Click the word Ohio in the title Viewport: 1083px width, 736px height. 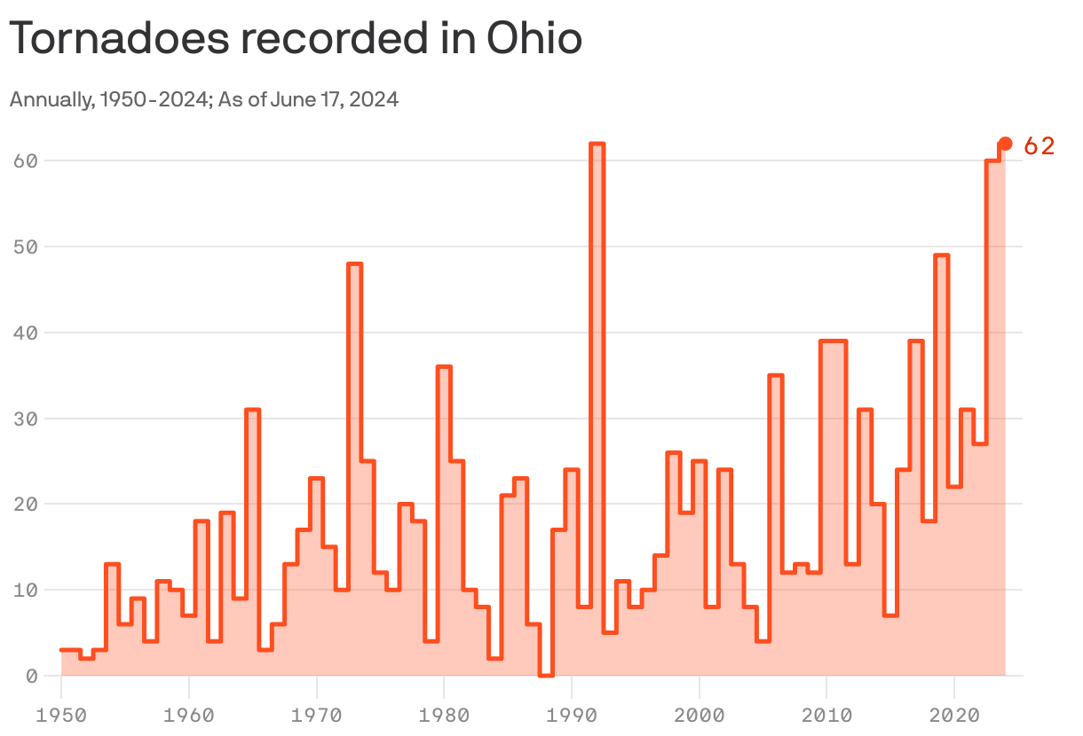click(534, 40)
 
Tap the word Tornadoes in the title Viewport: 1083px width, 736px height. click(115, 40)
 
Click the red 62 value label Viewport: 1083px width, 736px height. click(1039, 146)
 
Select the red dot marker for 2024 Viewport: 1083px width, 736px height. click(1005, 144)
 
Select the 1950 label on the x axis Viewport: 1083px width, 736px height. click(61, 714)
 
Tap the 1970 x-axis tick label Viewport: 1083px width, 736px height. click(316, 714)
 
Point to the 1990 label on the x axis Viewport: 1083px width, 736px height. click(572, 714)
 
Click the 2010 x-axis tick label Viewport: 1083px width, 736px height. click(826, 714)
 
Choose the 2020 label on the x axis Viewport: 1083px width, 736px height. click(954, 714)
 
